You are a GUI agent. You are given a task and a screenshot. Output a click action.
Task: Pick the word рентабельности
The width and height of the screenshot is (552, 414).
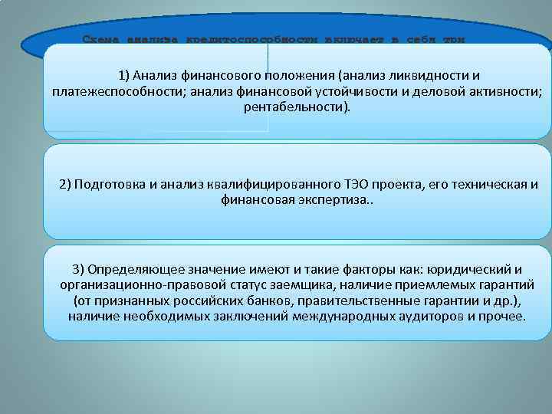[x=294, y=107]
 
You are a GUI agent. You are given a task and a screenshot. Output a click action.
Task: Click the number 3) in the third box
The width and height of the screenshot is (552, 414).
[x=77, y=269]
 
